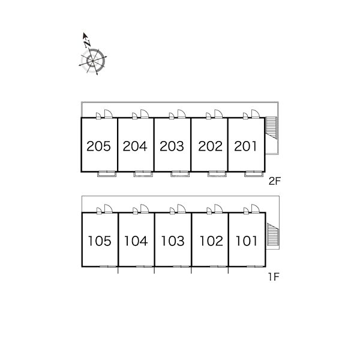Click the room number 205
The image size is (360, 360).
[x=99, y=146]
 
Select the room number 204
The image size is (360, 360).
[x=136, y=146]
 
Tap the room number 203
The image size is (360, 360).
[x=172, y=146]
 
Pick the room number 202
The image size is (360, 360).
[x=209, y=146]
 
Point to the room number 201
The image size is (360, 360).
[x=246, y=146]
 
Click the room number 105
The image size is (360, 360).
[x=99, y=241]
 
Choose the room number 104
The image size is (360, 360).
[x=136, y=241]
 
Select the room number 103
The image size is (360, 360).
[x=172, y=241]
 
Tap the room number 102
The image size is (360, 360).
[x=209, y=241]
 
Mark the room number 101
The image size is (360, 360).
[x=246, y=241]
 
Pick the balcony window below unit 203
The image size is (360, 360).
[x=179, y=174]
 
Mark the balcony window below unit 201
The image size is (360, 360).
[x=253, y=174]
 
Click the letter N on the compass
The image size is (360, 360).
[x=88, y=43]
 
